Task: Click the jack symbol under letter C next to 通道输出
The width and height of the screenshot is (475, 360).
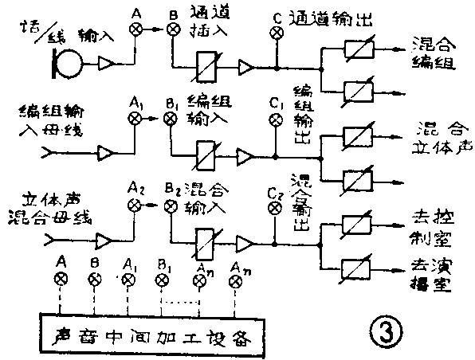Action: pos(277,33)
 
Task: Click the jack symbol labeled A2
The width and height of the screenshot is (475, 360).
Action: pos(135,205)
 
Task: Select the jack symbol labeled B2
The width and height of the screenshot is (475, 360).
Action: pos(170,205)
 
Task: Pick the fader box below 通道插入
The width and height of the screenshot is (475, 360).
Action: pos(209,67)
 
